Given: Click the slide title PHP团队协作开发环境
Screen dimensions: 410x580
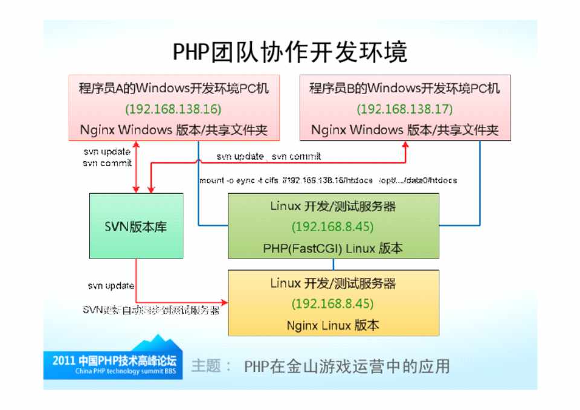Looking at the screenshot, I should [290, 53].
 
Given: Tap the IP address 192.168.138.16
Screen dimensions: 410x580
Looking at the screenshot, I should [173, 109].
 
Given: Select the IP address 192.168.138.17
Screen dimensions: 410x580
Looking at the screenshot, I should [404, 109].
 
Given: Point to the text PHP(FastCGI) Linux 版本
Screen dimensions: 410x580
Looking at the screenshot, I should [333, 248].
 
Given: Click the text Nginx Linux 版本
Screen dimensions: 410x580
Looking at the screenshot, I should [333, 325].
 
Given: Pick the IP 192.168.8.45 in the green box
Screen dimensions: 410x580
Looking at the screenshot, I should [333, 227].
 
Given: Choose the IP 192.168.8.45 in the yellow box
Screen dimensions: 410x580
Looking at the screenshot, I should [333, 304].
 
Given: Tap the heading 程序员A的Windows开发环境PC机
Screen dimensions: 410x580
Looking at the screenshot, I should [173, 89].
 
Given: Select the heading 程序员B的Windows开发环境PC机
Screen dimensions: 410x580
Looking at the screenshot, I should [404, 89].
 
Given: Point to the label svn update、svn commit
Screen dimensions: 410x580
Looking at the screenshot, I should [269, 157].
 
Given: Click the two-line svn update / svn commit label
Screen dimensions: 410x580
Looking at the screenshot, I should [108, 158].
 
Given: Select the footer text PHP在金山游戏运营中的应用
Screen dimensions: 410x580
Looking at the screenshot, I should [347, 367].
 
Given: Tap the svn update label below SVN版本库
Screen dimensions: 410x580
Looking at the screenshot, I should [111, 286].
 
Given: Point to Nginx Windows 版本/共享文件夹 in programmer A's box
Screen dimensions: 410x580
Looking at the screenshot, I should [173, 130].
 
